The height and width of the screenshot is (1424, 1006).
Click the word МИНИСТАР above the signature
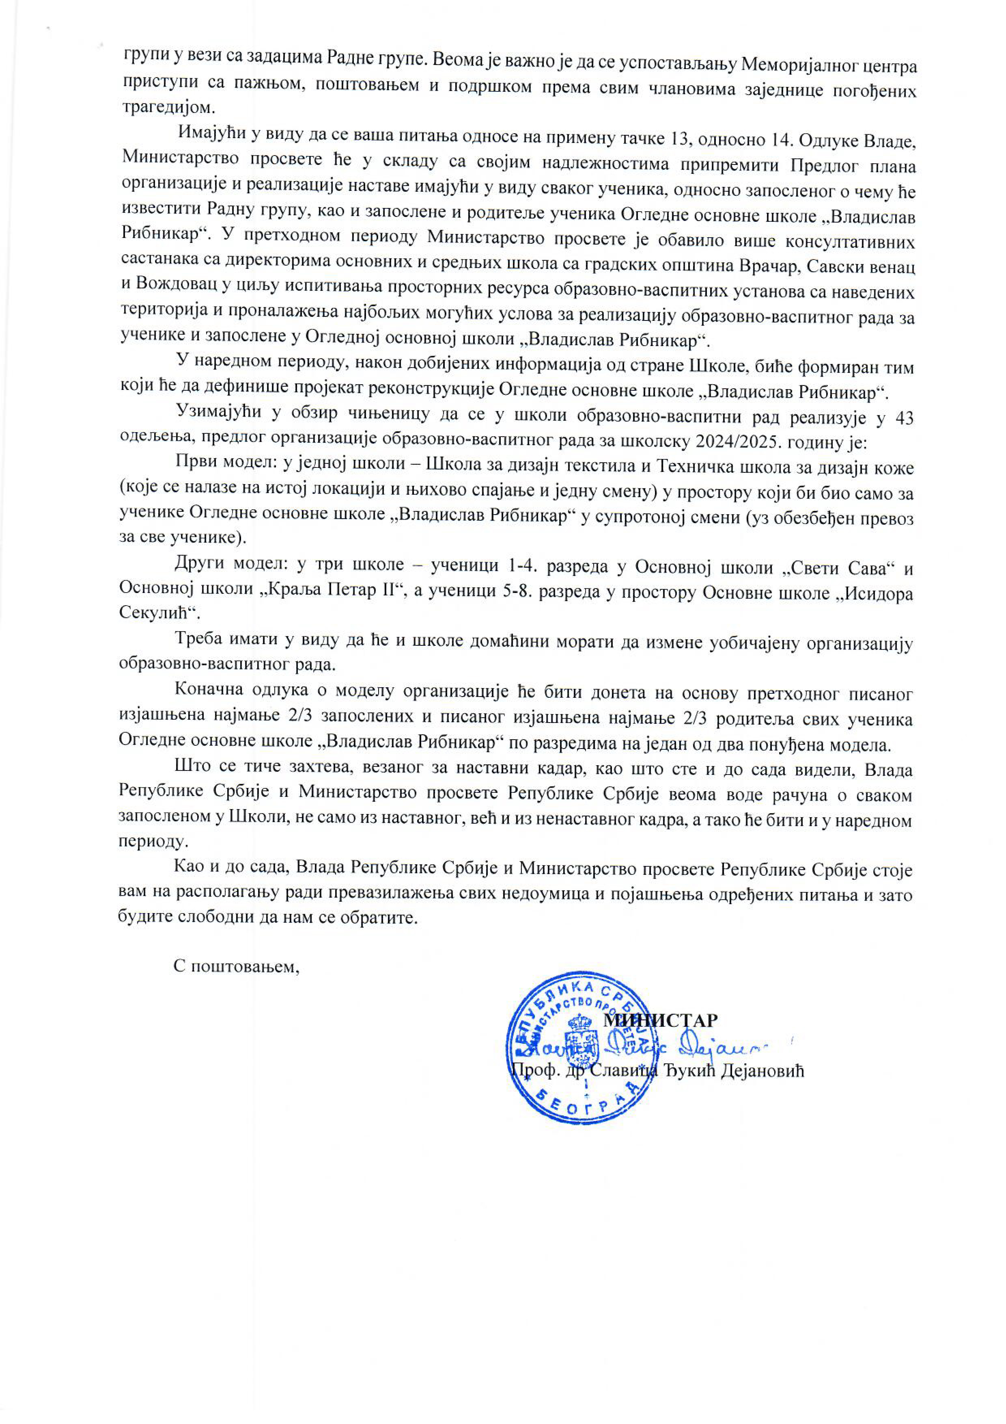661,1020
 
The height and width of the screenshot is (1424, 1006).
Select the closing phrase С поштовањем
236,966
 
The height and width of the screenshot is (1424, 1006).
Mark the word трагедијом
168,107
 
